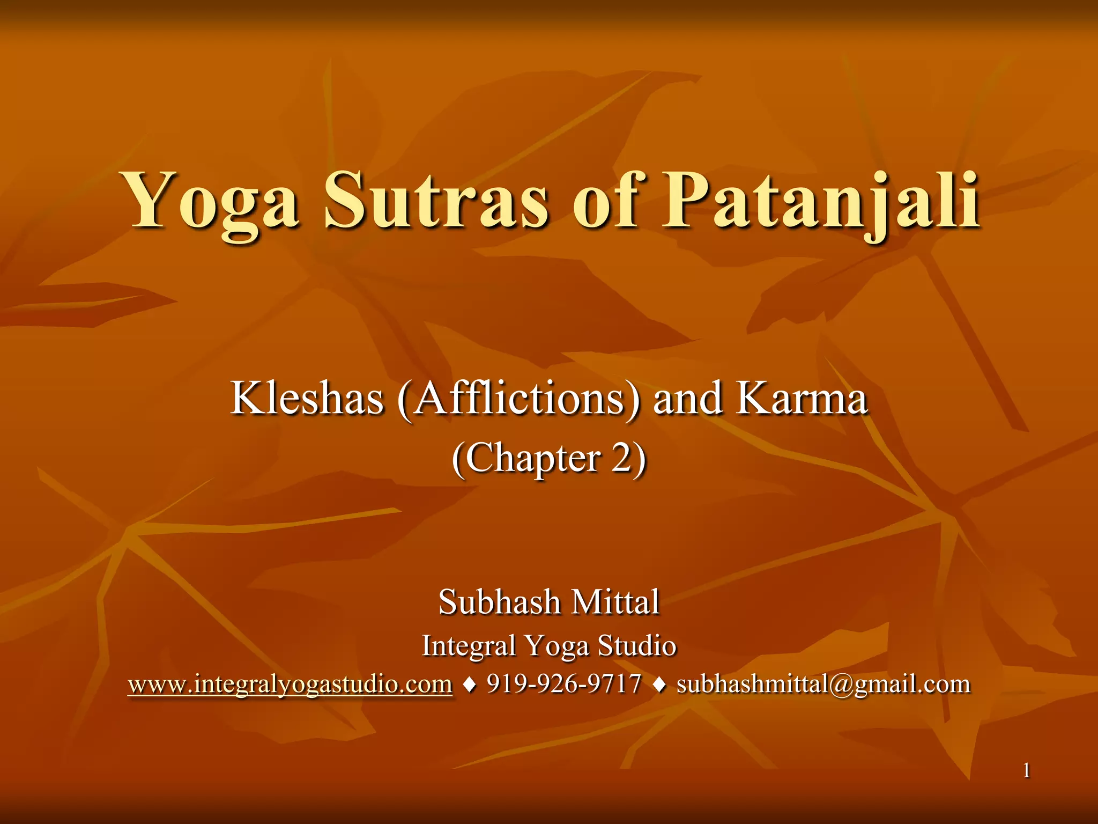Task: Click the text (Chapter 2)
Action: pos(549,459)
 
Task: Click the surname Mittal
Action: pos(615,602)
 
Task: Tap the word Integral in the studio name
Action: pos(469,645)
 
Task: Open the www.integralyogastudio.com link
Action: pos(290,685)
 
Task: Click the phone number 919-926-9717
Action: pos(564,684)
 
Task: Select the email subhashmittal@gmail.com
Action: pos(823,685)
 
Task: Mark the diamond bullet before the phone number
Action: pos(470,685)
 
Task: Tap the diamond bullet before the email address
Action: pos(659,685)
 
